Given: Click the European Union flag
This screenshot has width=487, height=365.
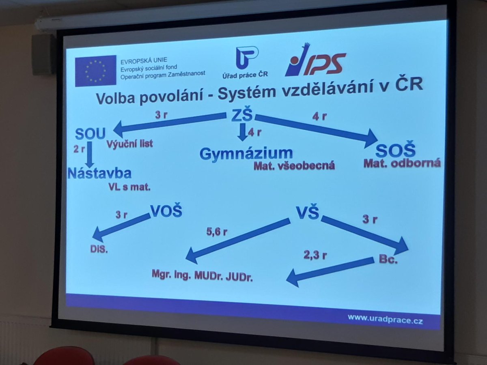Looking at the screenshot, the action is click(96, 71).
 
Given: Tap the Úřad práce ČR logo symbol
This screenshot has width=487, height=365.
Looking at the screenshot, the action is click(246, 58).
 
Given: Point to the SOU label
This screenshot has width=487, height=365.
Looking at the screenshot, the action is click(90, 134).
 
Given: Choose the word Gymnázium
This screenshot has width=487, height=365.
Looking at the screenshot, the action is click(246, 154).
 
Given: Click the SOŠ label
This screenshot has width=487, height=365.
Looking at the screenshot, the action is click(395, 150).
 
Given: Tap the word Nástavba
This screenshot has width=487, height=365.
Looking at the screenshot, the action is click(99, 173).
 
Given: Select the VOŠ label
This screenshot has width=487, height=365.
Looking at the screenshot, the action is click(166, 210).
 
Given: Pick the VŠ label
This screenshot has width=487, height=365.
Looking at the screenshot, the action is click(308, 213).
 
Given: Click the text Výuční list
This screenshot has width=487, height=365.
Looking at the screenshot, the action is click(129, 144).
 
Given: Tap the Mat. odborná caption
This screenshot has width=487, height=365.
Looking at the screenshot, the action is click(402, 163).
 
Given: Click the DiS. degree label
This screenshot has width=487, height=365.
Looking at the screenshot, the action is click(99, 249).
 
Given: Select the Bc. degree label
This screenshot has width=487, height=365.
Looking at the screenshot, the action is click(388, 259).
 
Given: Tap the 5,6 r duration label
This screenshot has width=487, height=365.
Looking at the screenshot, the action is click(217, 232).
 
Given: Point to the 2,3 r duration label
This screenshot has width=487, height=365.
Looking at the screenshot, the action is click(315, 255).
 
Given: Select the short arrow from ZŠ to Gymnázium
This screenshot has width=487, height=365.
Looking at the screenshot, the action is click(243, 132).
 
